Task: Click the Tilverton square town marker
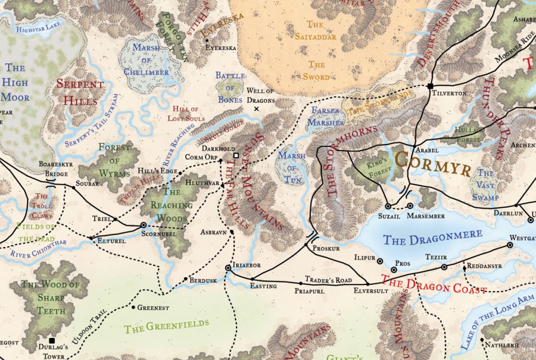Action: pos(429,86)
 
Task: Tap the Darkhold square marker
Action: pos(236,155)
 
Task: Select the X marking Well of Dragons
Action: pos(257,109)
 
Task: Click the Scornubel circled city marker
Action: pos(143,225)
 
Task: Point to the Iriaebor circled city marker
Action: pos(228,268)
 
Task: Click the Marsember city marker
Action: pos(410,206)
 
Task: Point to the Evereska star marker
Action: pos(207,40)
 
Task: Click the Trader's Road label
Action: pos(328,279)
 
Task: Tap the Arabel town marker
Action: pos(414,146)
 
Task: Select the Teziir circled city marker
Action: pos(444,267)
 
